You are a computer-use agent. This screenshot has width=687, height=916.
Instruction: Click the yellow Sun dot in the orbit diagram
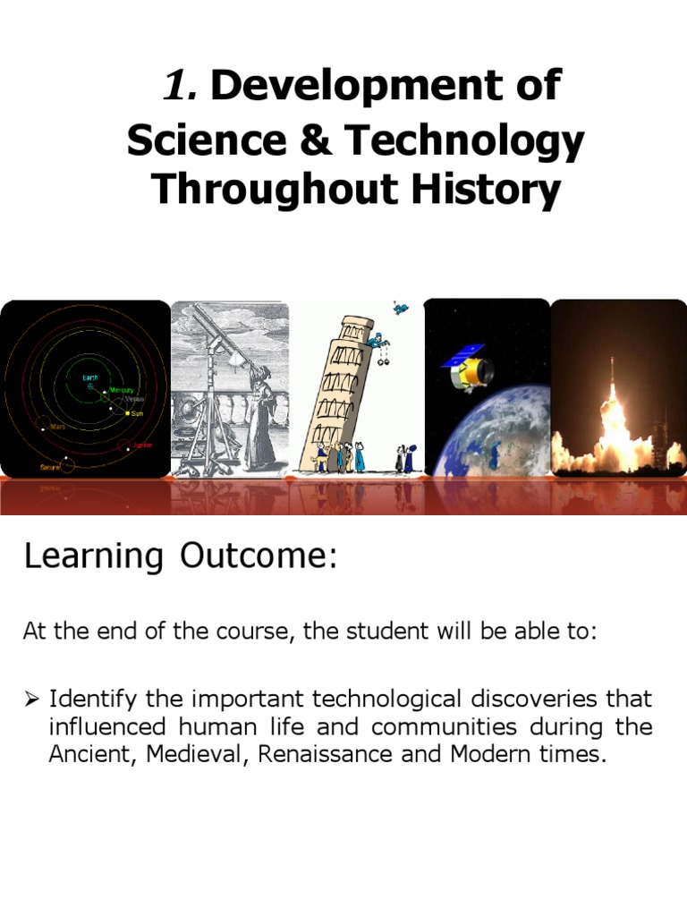click(128, 414)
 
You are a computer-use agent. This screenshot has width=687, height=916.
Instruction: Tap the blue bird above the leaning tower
click(401, 309)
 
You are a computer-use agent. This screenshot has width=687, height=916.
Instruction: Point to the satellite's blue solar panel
click(462, 356)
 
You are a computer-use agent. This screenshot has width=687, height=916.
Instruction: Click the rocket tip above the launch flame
click(612, 362)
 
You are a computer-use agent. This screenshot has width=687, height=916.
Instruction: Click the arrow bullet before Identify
click(30, 698)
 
